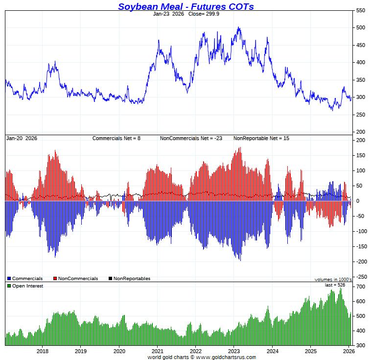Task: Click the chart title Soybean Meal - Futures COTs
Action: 186,6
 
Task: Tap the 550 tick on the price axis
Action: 360,10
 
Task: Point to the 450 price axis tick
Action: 360,45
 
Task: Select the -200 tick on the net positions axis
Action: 360,262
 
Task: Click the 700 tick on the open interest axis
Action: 360,287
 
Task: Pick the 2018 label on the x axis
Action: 43,351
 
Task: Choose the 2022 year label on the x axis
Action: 195,351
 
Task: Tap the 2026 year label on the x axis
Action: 349,351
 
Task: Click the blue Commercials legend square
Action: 9,279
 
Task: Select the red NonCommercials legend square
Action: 55,279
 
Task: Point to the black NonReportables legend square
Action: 111,279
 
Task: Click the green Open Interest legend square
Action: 9,286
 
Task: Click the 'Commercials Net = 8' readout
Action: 116,138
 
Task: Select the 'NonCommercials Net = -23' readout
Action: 191,138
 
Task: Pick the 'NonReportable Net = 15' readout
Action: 261,138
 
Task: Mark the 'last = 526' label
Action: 335,285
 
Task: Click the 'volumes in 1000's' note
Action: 333,279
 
